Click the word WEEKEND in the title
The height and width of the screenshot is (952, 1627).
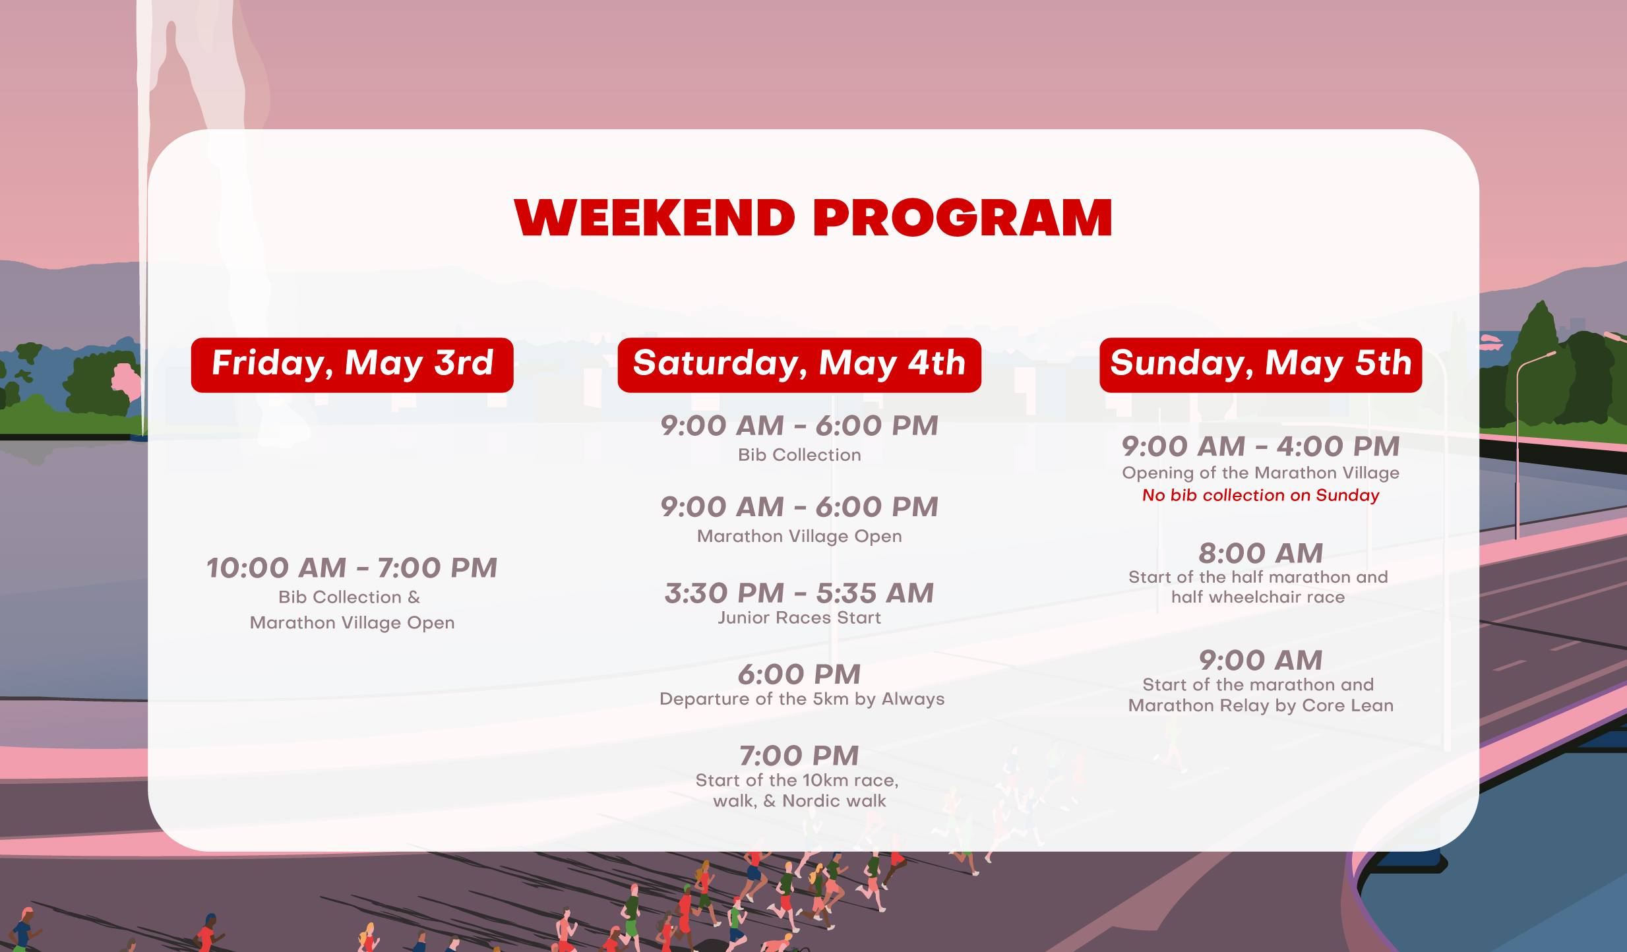tap(655, 218)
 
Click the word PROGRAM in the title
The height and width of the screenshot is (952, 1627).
tap(963, 218)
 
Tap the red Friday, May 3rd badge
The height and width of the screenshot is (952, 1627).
tap(352, 365)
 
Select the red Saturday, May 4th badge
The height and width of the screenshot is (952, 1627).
tap(799, 365)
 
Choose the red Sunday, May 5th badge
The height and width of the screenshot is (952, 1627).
tap(1260, 365)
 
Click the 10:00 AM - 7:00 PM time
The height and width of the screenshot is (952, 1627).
tap(352, 568)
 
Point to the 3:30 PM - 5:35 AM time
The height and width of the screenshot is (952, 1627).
tap(799, 593)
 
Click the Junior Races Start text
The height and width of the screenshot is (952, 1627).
tap(799, 618)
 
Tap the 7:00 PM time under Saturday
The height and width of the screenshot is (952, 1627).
tap(799, 756)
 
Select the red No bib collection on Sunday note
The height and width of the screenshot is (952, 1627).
tap(1260, 495)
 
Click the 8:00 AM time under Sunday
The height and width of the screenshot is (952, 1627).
tap(1260, 554)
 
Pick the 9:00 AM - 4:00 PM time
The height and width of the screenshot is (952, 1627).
tap(1260, 447)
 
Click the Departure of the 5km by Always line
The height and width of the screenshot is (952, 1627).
tap(802, 699)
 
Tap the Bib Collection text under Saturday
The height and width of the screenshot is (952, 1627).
tap(799, 455)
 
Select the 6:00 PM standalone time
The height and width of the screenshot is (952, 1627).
tap(799, 674)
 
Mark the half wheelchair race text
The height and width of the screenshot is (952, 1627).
tap(1258, 597)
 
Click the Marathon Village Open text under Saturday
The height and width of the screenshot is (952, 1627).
tap(799, 536)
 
